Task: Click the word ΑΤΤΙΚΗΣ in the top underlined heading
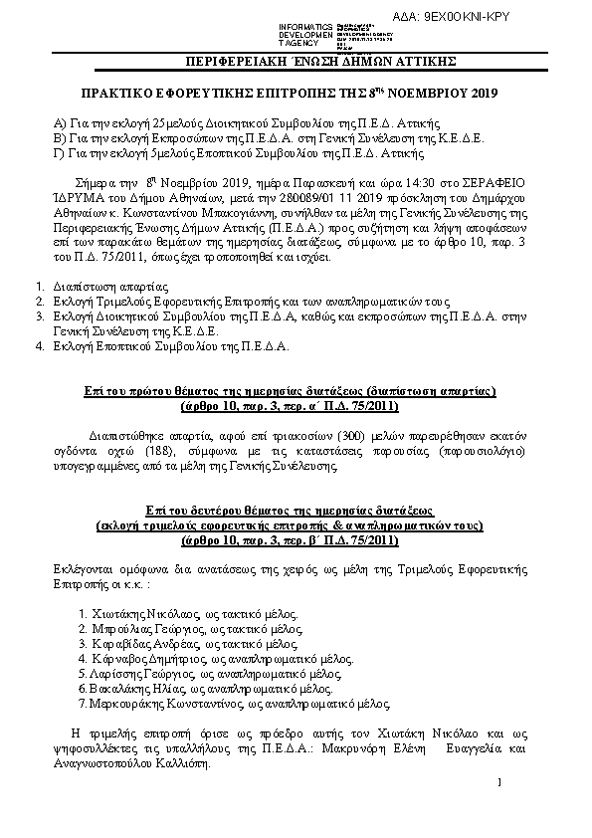coord(422,61)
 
